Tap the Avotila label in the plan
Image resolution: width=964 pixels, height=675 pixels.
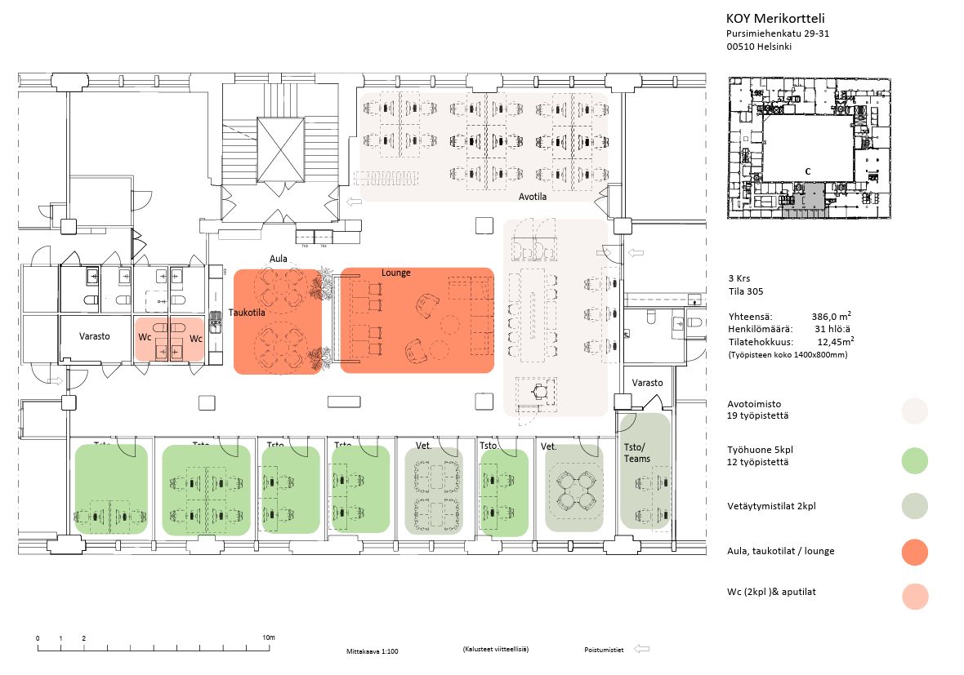pos(533,197)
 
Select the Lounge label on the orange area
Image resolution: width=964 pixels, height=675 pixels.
pos(395,273)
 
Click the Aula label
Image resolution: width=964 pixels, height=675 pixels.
pos(279,259)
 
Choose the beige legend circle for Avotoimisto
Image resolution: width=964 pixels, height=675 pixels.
pos(915,411)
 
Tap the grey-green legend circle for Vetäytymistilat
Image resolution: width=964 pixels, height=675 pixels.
pos(915,506)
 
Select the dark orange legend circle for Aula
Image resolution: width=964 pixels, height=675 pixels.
pos(915,552)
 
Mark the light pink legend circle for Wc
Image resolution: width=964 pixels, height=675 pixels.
pos(915,596)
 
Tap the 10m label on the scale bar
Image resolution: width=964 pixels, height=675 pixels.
pos(268,637)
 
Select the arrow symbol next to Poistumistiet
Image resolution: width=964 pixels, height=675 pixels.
pos(642,650)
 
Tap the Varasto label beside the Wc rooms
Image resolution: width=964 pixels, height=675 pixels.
pos(95,336)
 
